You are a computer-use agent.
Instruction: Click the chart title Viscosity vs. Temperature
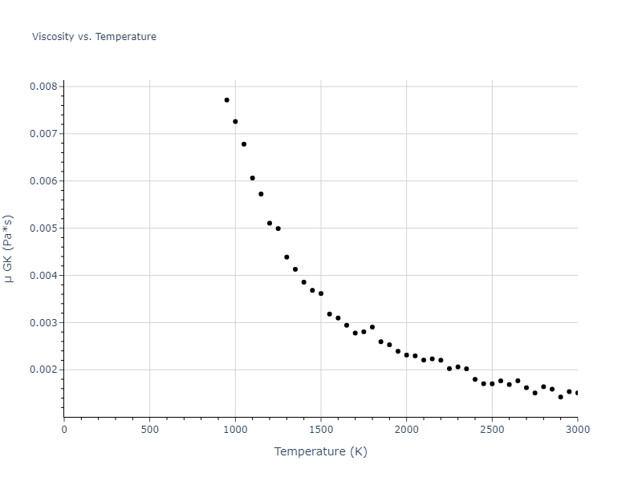[x=94, y=37]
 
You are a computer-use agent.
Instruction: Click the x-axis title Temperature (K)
[x=320, y=451]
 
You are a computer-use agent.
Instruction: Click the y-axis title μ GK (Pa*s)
[x=9, y=249]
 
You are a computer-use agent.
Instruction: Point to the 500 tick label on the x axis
[x=149, y=430]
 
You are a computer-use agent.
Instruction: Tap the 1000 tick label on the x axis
[x=235, y=430]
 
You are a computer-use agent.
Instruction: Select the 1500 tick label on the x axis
[x=321, y=430]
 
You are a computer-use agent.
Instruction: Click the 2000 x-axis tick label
[x=406, y=430]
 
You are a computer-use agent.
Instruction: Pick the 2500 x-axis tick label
[x=492, y=430]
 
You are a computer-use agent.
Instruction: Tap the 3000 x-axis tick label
[x=578, y=430]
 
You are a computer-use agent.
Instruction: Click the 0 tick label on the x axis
[x=64, y=430]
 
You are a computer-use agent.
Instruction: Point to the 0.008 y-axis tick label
[x=43, y=87]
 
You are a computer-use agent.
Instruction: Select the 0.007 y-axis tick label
[x=43, y=134]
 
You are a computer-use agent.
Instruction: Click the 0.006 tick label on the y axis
[x=43, y=181]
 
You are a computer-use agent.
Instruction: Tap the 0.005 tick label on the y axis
[x=43, y=228]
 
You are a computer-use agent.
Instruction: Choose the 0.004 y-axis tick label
[x=43, y=276]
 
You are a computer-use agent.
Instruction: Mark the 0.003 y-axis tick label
[x=43, y=323]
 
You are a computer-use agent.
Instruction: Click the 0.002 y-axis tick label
[x=43, y=370]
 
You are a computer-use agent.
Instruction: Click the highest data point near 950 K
[x=227, y=100]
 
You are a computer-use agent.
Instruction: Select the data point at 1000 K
[x=235, y=122]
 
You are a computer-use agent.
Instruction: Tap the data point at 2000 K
[x=406, y=355]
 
